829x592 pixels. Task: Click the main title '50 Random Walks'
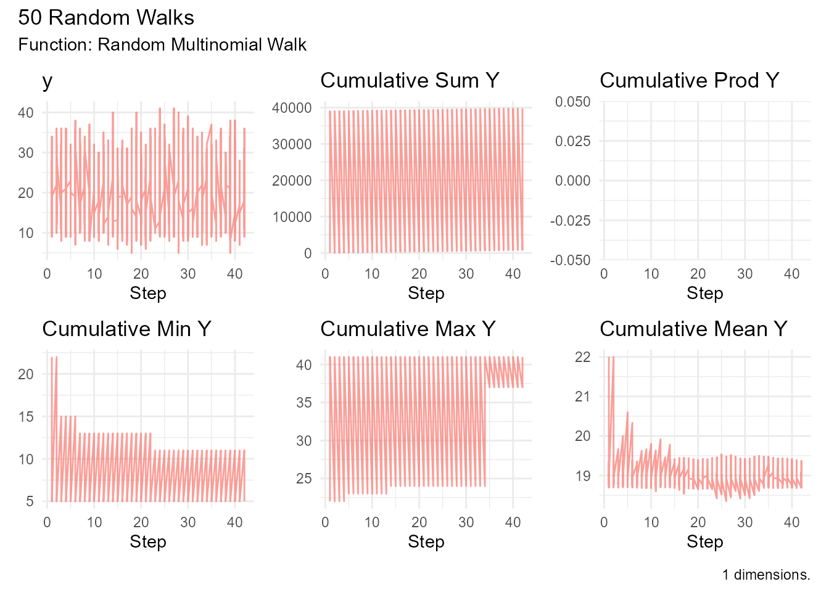106,17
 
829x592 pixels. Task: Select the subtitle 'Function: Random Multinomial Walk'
162,45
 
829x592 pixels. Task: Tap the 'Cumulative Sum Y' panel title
410,81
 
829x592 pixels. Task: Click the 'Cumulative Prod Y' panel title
689,81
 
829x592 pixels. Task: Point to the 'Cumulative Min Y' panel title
126,329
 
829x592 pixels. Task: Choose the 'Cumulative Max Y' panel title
408,329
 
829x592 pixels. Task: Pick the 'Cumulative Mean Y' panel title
693,329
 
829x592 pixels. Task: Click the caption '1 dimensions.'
766,575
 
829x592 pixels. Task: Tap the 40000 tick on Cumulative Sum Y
292,108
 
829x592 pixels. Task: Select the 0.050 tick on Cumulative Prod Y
572,102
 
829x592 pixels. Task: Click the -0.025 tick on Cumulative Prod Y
571,221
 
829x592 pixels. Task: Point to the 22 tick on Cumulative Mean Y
583,357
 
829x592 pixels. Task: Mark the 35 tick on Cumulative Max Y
304,403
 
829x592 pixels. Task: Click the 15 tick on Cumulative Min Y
26,417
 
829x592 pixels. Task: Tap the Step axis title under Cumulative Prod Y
704,294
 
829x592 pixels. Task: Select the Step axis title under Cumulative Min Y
148,542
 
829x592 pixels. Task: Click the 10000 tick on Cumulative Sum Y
292,217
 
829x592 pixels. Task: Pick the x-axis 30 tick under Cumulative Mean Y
744,523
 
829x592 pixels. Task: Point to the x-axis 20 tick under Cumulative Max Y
419,523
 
